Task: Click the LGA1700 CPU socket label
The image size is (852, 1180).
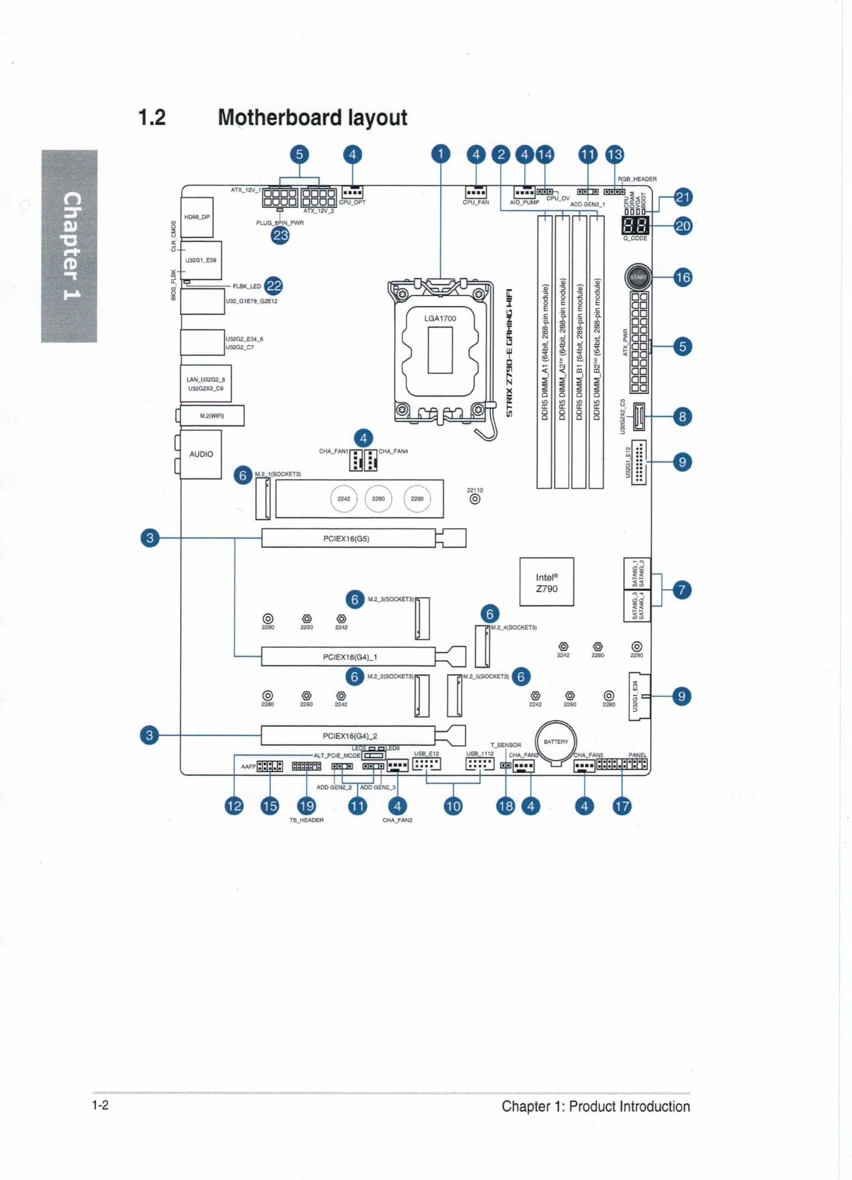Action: click(x=440, y=319)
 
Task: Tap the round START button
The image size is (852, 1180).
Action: click(x=638, y=277)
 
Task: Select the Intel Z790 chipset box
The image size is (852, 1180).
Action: click(x=546, y=582)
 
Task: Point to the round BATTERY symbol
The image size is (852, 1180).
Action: click(x=556, y=742)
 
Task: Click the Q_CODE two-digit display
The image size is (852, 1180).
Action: click(x=635, y=225)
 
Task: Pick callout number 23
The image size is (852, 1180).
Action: click(x=280, y=235)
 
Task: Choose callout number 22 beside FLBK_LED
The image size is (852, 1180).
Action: click(x=274, y=286)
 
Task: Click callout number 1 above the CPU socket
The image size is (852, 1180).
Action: click(x=440, y=155)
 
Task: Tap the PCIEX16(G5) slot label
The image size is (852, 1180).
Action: click(x=346, y=539)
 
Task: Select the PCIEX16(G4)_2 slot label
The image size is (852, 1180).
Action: click(x=349, y=736)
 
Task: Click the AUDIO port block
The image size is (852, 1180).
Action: click(x=201, y=454)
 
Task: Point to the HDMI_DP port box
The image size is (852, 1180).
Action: click(x=197, y=217)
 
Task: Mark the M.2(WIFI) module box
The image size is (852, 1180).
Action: click(x=212, y=416)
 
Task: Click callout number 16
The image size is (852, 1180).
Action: click(x=683, y=277)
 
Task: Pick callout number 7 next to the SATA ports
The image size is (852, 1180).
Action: click(x=682, y=589)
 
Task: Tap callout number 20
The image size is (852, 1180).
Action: click(x=683, y=226)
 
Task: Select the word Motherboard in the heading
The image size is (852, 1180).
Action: click(x=279, y=117)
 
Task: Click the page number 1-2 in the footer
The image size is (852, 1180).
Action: click(x=100, y=1105)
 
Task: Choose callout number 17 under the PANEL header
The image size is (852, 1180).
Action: click(x=622, y=806)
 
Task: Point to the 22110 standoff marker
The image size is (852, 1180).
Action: click(x=475, y=499)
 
